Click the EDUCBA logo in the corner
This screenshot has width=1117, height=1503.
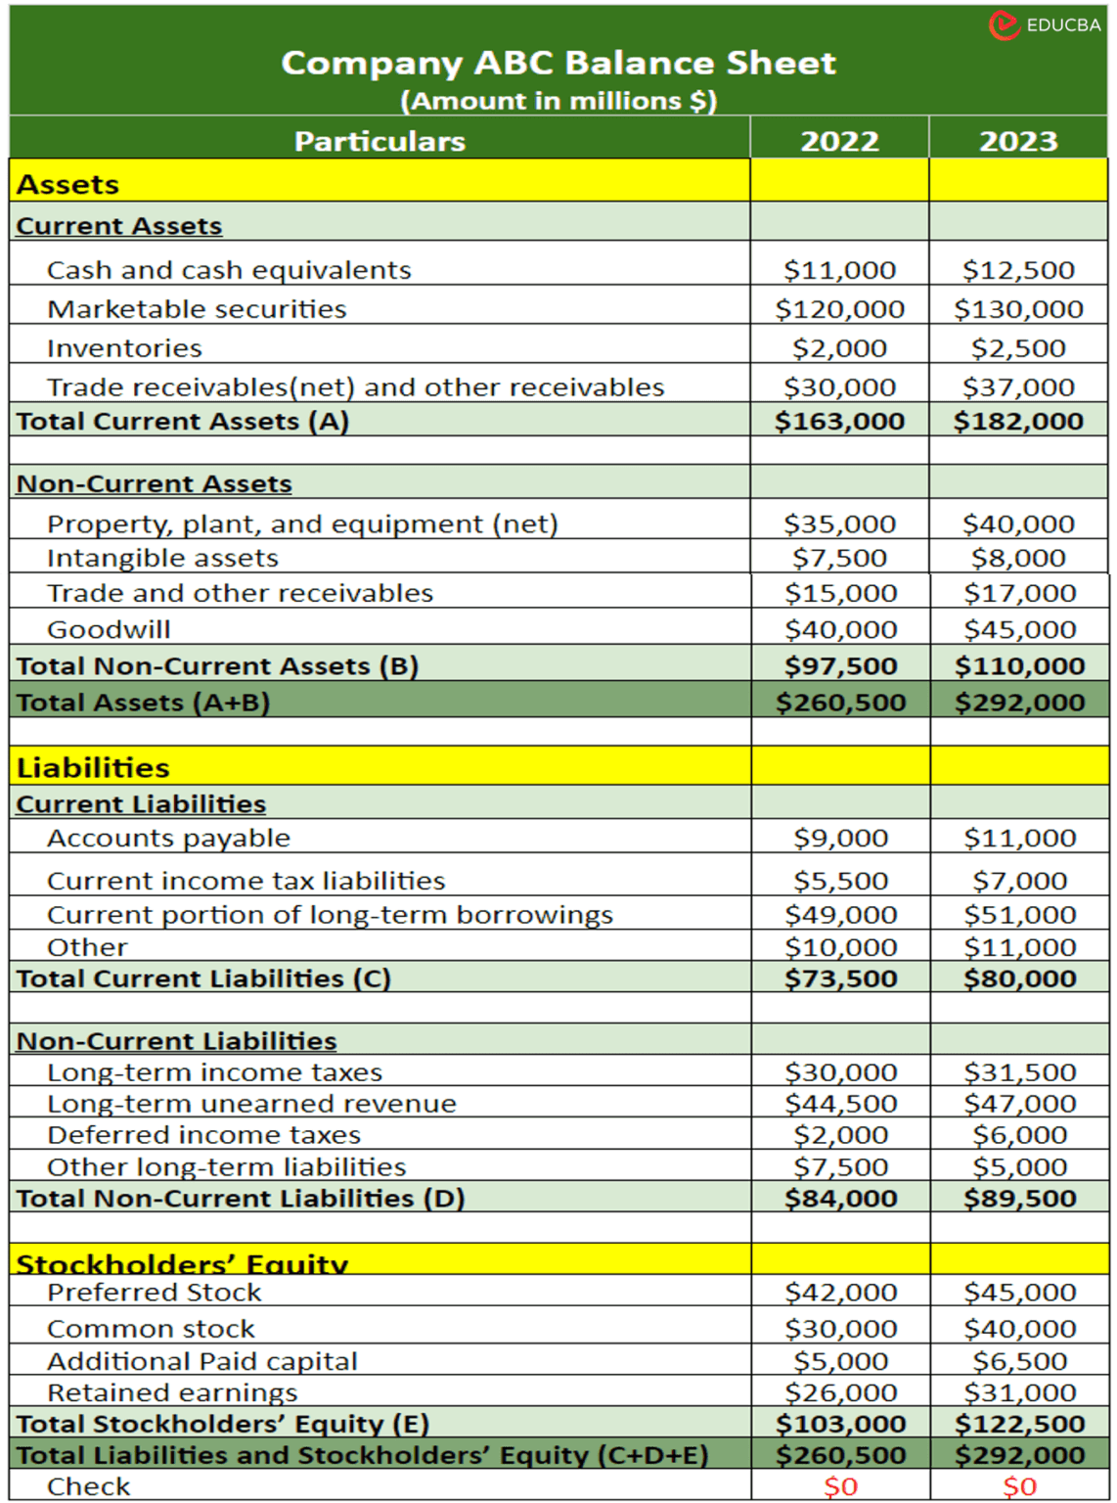coord(1045,24)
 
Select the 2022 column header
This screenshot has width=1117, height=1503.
coord(839,141)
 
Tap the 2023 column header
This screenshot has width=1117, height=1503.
coord(1018,141)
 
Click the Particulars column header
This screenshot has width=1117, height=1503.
coord(380,141)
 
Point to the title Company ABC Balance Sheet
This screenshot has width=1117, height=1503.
coord(558,63)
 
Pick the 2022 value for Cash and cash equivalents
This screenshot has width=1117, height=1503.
coord(839,270)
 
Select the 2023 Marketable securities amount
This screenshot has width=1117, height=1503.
coord(1018,309)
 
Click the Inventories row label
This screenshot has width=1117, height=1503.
coord(124,348)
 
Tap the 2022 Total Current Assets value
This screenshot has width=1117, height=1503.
coord(839,421)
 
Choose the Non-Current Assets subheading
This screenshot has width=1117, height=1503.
coord(154,483)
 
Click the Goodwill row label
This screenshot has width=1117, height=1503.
coord(109,629)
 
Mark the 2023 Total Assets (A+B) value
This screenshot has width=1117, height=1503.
coord(1019,702)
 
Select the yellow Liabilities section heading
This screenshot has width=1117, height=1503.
coord(93,767)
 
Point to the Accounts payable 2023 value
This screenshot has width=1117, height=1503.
coord(1019,838)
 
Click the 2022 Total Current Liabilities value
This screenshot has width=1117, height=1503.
coord(840,979)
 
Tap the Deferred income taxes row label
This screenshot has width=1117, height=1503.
coord(203,1135)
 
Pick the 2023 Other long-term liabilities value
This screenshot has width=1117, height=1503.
coord(1019,1166)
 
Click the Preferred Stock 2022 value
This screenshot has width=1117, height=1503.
coord(840,1292)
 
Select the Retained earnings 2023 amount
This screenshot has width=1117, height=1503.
coord(1019,1391)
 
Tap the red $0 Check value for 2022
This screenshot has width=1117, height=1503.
coord(840,1486)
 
